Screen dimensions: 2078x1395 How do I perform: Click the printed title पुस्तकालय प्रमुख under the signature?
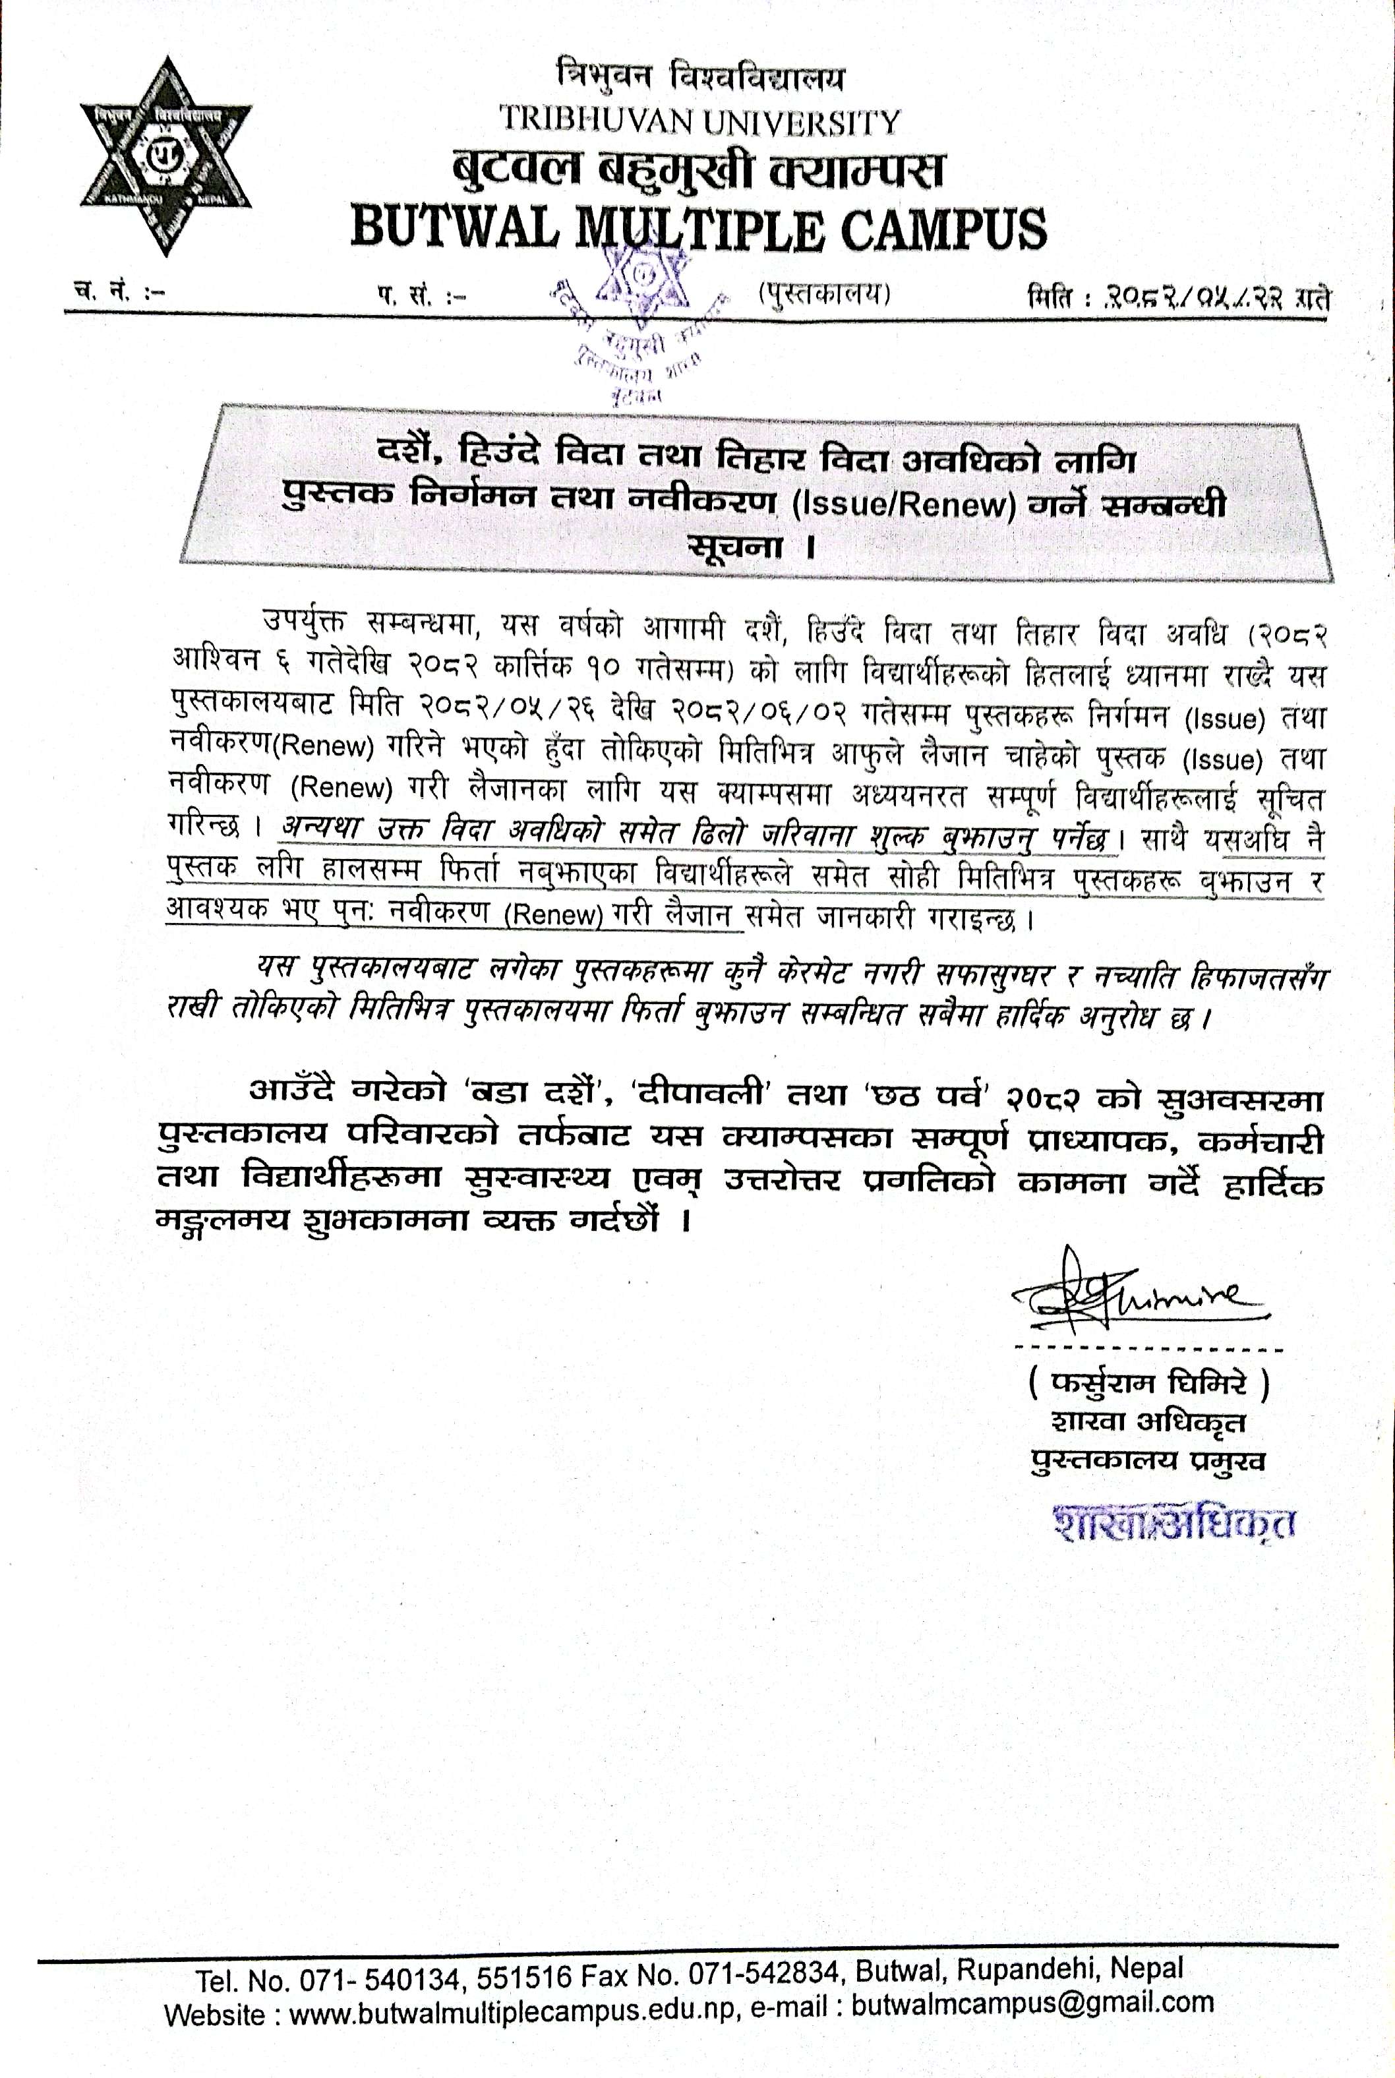(x=1148, y=1460)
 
